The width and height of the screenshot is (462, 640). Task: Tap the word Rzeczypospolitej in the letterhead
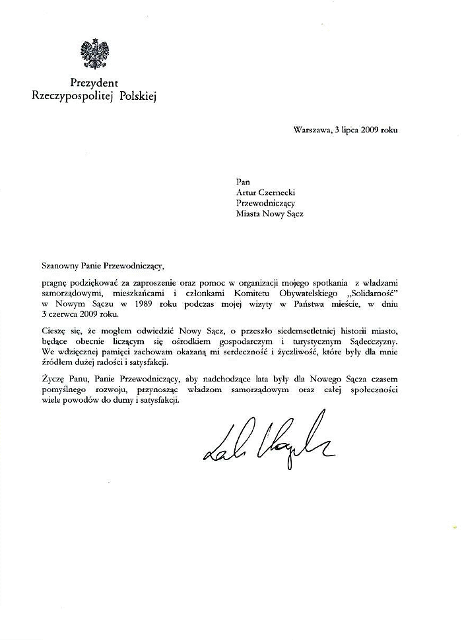coord(73,97)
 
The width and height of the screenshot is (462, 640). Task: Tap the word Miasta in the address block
coord(249,214)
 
